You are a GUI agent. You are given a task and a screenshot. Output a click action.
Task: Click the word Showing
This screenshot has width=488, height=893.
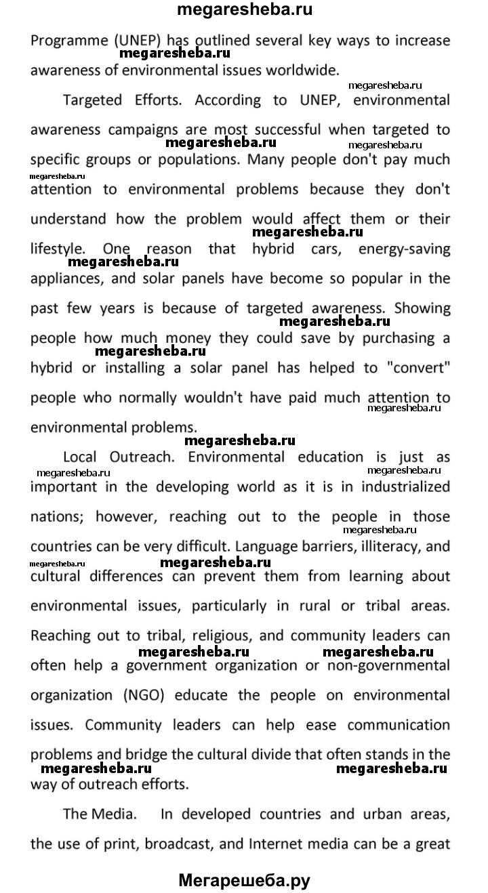pyautogui.click(x=422, y=308)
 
